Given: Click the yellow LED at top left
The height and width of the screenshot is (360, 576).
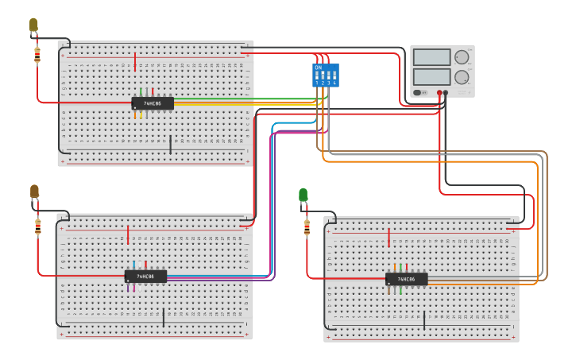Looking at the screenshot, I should [x=33, y=25].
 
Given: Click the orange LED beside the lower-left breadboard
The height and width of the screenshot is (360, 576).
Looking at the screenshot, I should [x=34, y=192].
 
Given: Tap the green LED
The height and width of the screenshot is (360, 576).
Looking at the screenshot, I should [x=303, y=195].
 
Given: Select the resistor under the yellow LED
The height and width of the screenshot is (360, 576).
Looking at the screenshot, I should [x=37, y=56].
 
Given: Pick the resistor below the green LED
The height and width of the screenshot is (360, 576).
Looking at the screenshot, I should [x=307, y=228].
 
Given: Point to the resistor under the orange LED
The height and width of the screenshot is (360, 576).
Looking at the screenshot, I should [x=37, y=227].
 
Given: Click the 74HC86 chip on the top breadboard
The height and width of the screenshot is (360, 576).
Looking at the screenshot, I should [x=152, y=103].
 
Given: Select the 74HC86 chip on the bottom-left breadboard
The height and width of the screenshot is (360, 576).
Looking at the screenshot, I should [x=145, y=277].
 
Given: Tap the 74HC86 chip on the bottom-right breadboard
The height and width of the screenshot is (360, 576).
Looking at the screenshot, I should [x=406, y=279].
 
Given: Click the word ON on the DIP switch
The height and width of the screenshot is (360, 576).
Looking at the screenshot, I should [x=319, y=68].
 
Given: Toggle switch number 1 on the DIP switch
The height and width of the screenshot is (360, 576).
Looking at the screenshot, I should [x=317, y=76].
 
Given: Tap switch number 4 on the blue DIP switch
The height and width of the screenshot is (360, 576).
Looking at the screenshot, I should [x=334, y=76].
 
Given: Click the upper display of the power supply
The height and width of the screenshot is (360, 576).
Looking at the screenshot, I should [x=431, y=57].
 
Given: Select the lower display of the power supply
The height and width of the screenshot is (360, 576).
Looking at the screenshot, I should [x=431, y=77].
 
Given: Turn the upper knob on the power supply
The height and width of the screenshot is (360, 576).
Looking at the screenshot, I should [x=462, y=57].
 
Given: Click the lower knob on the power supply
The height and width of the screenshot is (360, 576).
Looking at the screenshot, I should [x=462, y=77].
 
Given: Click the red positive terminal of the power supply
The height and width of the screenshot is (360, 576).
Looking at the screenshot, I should [x=439, y=92].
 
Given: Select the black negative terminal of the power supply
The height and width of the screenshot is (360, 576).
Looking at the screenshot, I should [x=446, y=92].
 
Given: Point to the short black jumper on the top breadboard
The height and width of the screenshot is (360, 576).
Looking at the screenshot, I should [x=170, y=144].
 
